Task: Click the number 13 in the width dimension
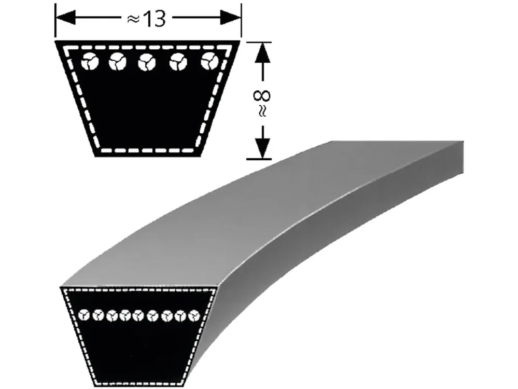[x=155, y=19]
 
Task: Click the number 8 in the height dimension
[x=262, y=96]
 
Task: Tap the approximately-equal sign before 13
[x=133, y=20]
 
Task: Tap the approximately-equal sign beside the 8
[x=262, y=110]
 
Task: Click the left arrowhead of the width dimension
[x=66, y=18]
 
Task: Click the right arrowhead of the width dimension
[x=231, y=18]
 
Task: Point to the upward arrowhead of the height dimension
[x=263, y=52]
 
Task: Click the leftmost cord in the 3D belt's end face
[x=85, y=315]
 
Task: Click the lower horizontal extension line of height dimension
[x=259, y=159]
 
